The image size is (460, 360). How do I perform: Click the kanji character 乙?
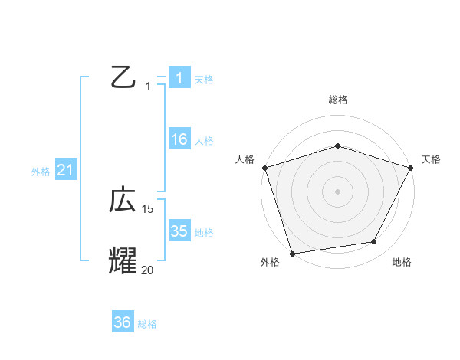pos(123,77)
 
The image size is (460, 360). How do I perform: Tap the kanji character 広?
pos(123,201)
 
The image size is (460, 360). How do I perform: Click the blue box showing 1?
pos(179,77)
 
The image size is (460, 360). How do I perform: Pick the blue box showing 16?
pos(179,139)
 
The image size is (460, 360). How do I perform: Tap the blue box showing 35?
pos(179,231)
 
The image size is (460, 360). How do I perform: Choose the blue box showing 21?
pos(65,170)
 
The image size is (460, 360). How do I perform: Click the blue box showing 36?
pos(123,322)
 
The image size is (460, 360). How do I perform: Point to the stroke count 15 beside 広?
pos(148,209)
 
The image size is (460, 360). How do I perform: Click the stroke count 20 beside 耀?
pos(148,270)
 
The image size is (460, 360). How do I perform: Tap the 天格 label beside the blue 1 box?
pos(204,79)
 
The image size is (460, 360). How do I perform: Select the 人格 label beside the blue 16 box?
pos(204,141)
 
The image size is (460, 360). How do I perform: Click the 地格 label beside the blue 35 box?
pos(204,233)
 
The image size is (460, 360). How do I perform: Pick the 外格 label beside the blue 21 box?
pos(41,172)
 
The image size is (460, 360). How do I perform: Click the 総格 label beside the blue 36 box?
pos(147,324)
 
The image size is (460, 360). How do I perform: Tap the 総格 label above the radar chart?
pos(338,100)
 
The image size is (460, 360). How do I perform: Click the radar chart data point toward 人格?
pos(265,168)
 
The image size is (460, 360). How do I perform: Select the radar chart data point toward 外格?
pos(293,253)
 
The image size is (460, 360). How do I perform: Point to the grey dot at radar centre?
pos(338,191)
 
